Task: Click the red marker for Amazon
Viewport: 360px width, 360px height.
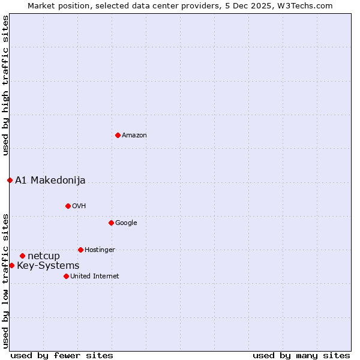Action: coord(118,135)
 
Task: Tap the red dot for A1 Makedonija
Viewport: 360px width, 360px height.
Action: coord(10,180)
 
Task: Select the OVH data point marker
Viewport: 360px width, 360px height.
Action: coord(68,206)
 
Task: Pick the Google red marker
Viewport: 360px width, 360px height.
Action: coord(111,223)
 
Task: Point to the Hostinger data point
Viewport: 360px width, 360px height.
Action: coord(80,250)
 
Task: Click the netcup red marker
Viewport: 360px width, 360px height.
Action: coord(22,256)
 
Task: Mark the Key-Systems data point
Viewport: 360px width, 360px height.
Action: coord(11,265)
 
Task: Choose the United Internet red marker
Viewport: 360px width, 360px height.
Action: coord(66,276)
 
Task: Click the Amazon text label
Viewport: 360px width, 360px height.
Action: coord(134,136)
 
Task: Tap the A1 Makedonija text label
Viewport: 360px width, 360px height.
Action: coord(50,180)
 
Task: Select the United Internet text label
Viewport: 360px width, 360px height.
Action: coord(94,277)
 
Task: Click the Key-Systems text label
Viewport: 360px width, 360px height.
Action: coord(48,266)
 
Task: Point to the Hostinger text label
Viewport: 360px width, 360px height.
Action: coord(100,250)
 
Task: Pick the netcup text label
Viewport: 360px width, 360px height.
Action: coord(44,256)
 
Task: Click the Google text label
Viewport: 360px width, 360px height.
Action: coord(126,223)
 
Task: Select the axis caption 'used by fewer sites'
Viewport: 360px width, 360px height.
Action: coord(62,355)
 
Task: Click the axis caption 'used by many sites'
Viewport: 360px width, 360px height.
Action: coord(301,355)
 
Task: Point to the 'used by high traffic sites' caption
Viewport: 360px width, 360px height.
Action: coord(5,85)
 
